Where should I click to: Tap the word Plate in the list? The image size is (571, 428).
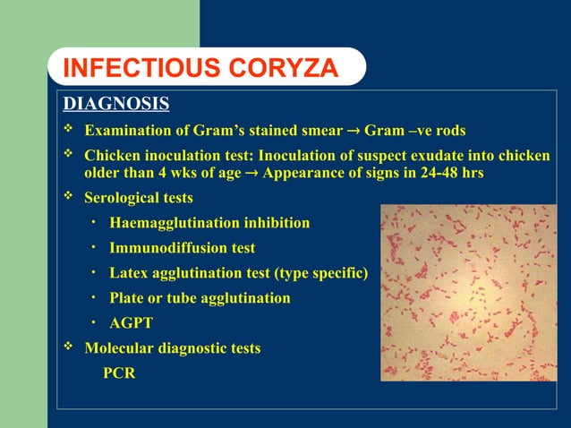(x=127, y=297)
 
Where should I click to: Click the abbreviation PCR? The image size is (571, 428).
(x=119, y=372)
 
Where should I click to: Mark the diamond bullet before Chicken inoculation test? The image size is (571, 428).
(x=68, y=155)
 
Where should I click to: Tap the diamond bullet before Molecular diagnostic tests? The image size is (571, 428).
(x=68, y=347)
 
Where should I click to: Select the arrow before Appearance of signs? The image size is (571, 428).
(x=251, y=174)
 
